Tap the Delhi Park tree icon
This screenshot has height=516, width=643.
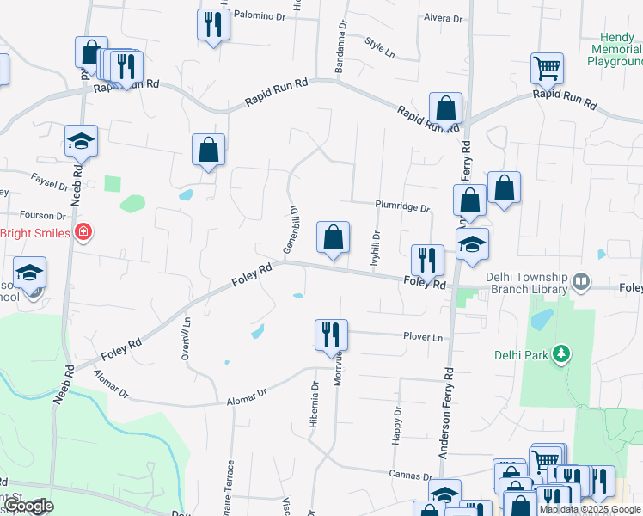click(560, 353)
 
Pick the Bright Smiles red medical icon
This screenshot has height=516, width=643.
click(83, 232)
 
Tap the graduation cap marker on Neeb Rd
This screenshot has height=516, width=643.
click(82, 142)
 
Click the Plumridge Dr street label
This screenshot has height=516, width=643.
click(401, 206)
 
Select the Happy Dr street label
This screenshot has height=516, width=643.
click(397, 425)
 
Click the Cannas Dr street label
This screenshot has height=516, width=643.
click(409, 476)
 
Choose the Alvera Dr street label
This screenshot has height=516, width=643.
click(443, 18)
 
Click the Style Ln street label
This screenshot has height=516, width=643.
click(378, 46)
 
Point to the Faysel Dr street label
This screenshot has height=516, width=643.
click(49, 184)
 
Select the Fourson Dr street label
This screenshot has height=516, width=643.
click(43, 215)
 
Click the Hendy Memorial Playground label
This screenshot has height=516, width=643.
click(616, 50)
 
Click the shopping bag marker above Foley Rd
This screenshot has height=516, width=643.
click(333, 238)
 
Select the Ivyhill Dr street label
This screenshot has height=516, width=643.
click(375, 249)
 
